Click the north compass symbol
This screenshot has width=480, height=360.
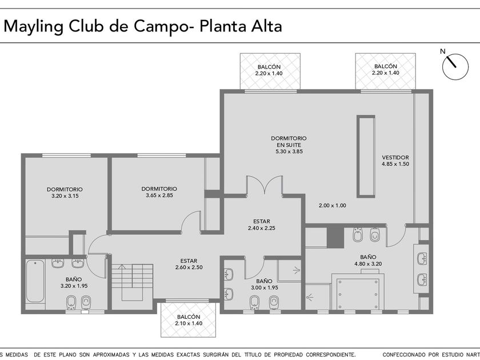click(455, 67)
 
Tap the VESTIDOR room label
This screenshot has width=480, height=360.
click(395, 157)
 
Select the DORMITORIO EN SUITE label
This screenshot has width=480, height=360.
click(289, 145)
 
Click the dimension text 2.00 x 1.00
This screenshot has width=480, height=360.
click(333, 205)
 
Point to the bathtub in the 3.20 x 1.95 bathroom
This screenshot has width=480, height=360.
click(35, 281)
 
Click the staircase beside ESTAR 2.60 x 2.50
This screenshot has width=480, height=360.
click(132, 282)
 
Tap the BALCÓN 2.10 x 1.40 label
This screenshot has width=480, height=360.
click(189, 320)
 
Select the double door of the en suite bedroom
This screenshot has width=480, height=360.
click(265, 185)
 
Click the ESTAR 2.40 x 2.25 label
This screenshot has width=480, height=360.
click(262, 225)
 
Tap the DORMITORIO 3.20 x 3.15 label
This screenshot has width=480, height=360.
click(65, 193)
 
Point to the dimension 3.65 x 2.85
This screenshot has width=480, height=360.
click(159, 195)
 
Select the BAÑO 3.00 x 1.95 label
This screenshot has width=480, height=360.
click(265, 284)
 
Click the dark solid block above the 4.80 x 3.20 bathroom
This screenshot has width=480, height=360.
click(335, 237)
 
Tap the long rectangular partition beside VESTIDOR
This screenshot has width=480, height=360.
click(366, 157)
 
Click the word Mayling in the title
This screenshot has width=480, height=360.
click(33, 27)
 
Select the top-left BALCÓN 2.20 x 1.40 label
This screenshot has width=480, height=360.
click(269, 70)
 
